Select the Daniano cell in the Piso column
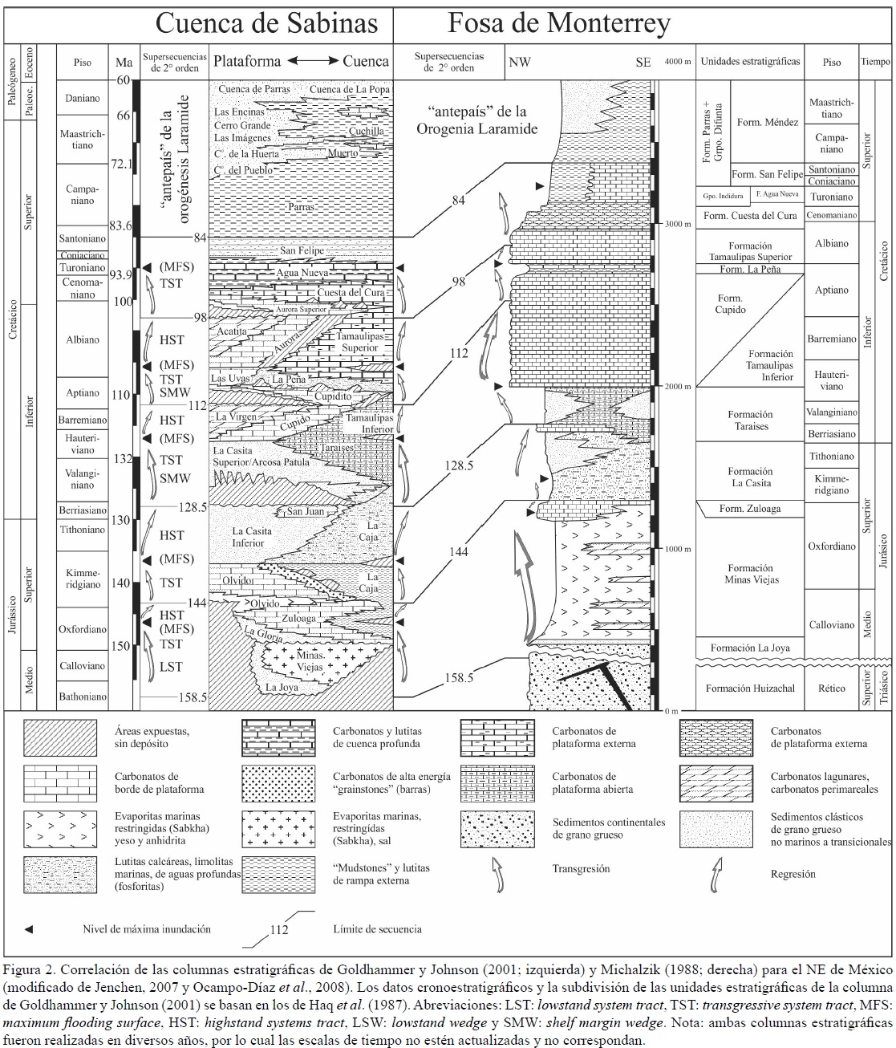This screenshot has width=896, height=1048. point(83,98)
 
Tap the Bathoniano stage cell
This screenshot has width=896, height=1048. point(83,697)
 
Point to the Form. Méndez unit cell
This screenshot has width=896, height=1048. point(768,122)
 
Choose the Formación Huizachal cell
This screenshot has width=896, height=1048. point(750,688)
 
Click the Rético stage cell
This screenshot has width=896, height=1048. point(832,688)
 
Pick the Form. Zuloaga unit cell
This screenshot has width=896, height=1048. point(749,509)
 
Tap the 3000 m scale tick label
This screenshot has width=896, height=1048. point(678,224)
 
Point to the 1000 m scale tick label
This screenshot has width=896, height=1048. point(678,549)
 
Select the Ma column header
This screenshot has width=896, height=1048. point(124,62)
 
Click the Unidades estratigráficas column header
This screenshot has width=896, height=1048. point(750,62)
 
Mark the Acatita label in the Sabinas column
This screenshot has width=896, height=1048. point(233,331)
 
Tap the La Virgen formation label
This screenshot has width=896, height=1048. point(236,416)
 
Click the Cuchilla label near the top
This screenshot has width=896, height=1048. point(366,131)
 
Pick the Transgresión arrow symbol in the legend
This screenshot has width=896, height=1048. point(497,874)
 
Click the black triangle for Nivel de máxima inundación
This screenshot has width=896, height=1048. point(29,929)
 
